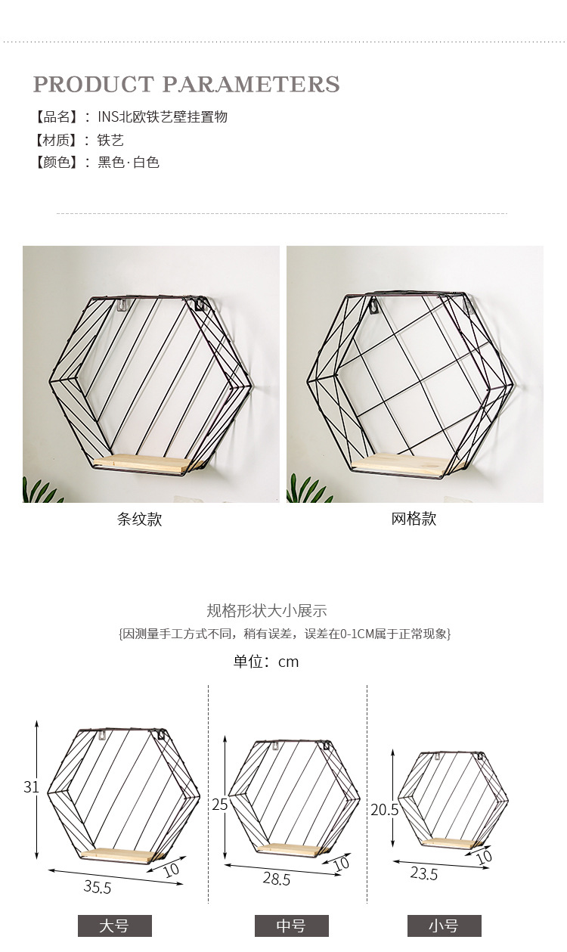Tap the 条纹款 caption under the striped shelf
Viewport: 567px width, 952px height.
pyautogui.click(x=139, y=519)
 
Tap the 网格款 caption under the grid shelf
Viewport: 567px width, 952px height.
pyautogui.click(x=414, y=519)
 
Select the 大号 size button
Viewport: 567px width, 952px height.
pyautogui.click(x=115, y=926)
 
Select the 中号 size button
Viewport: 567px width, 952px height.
pyautogui.click(x=291, y=926)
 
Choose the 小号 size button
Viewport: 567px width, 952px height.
pyautogui.click(x=444, y=926)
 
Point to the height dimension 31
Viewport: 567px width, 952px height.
pyautogui.click(x=31, y=786)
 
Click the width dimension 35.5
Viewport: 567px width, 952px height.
pyautogui.click(x=97, y=886)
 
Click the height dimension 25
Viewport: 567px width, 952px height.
pyautogui.click(x=220, y=805)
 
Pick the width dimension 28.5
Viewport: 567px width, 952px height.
pyautogui.click(x=276, y=879)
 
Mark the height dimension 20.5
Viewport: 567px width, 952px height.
pyautogui.click(x=384, y=810)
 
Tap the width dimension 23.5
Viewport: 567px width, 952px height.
pyautogui.click(x=424, y=873)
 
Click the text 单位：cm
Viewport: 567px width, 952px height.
pyautogui.click(x=265, y=662)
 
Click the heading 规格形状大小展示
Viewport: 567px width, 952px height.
pyautogui.click(x=266, y=611)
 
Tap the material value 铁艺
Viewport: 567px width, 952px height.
pyautogui.click(x=110, y=140)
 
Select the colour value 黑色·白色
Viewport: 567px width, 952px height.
pyautogui.click(x=129, y=162)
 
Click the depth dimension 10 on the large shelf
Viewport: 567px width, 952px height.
pyautogui.click(x=172, y=870)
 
